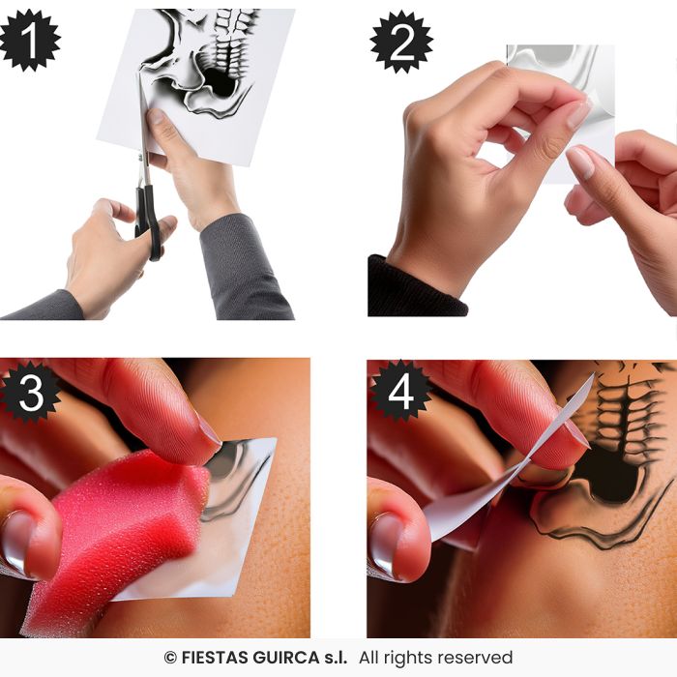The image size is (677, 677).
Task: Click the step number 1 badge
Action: tap(29, 40)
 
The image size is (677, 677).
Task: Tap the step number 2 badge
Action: tap(399, 42)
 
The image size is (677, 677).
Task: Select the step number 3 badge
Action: tap(30, 392)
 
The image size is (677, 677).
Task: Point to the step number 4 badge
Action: tap(399, 391)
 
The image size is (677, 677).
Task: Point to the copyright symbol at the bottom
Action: tap(170, 659)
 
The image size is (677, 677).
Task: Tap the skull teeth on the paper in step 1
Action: tap(232, 48)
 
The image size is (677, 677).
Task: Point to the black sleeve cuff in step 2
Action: tap(411, 290)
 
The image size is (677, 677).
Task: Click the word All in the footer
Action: tap(373, 659)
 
